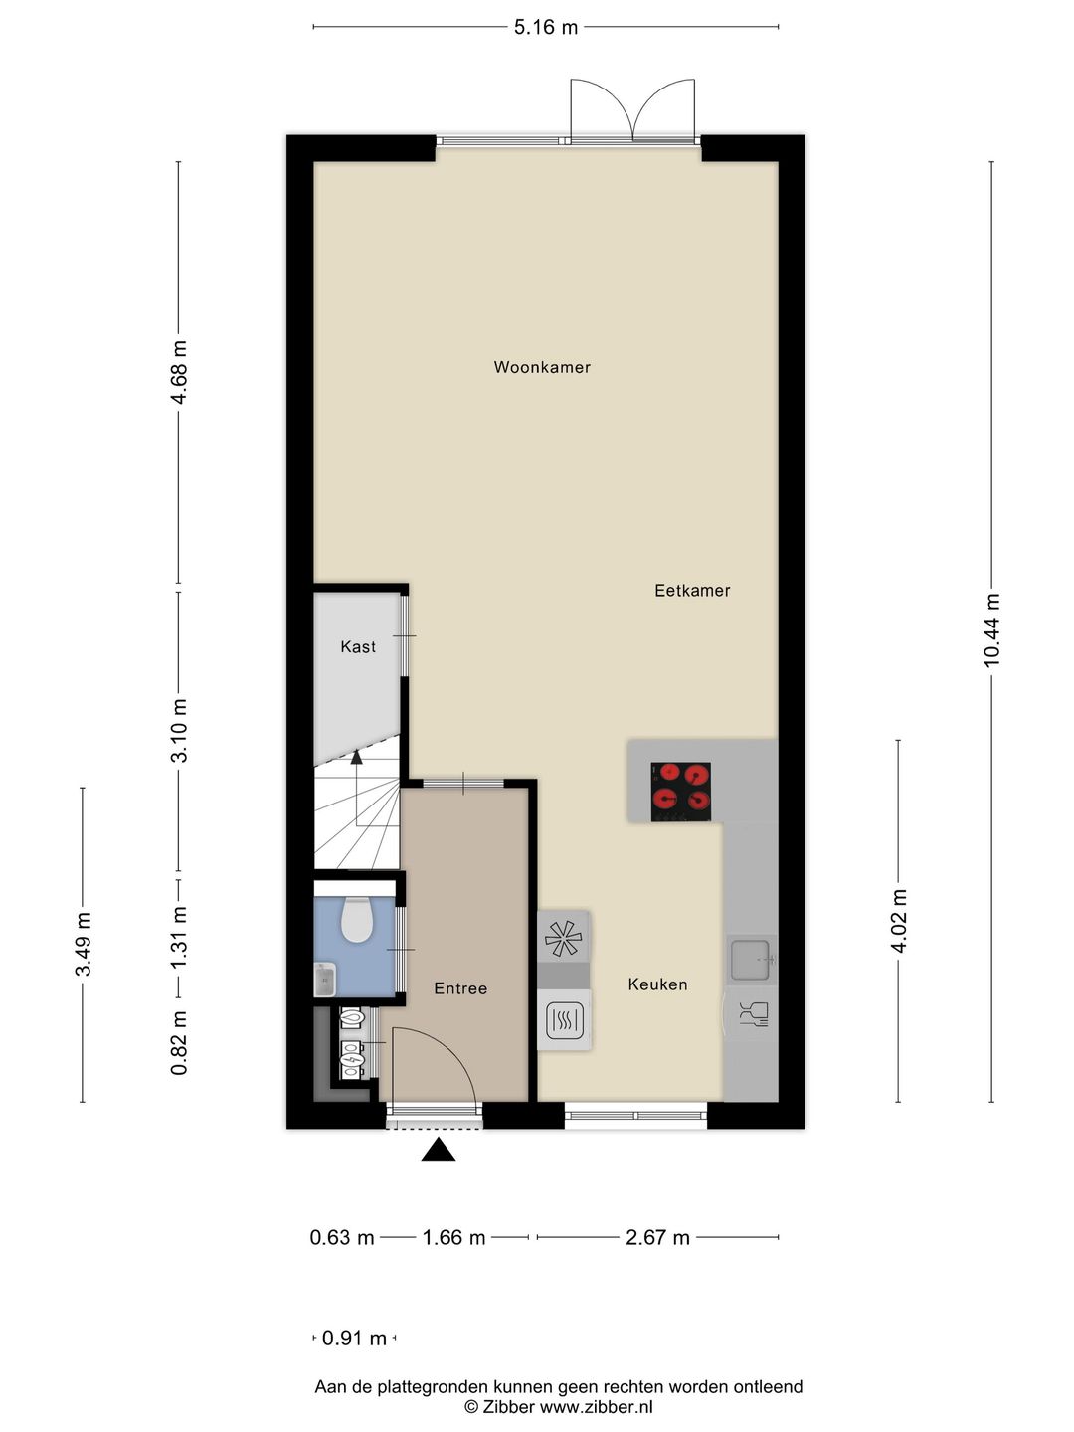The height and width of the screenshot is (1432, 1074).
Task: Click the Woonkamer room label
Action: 542,367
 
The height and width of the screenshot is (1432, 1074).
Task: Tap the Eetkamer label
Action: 692,590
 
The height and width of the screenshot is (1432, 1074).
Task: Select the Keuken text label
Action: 657,984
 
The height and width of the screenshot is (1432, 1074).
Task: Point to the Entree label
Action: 460,988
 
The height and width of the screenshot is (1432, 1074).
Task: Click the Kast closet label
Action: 358,647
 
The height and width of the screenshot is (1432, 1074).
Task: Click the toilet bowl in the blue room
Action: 356,920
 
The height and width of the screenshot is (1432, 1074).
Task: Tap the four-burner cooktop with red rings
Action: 680,792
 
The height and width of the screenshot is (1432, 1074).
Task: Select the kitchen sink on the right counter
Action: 751,960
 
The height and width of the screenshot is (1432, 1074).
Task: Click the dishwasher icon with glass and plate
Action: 753,1014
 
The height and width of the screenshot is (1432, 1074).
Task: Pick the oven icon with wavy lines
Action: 564,1019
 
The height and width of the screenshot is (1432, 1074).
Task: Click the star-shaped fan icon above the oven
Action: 563,937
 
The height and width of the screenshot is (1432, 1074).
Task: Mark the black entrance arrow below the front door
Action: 438,1151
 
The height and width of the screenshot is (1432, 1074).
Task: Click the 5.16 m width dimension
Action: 545,27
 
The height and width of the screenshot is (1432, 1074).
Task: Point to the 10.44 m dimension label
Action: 991,629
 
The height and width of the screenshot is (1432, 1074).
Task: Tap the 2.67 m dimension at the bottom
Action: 657,1238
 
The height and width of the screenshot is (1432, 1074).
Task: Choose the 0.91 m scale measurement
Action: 354,1339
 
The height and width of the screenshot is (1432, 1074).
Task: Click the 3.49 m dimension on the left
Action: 83,944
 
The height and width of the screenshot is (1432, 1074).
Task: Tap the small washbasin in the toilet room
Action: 324,980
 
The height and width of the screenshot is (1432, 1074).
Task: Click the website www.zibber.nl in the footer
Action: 596,1407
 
